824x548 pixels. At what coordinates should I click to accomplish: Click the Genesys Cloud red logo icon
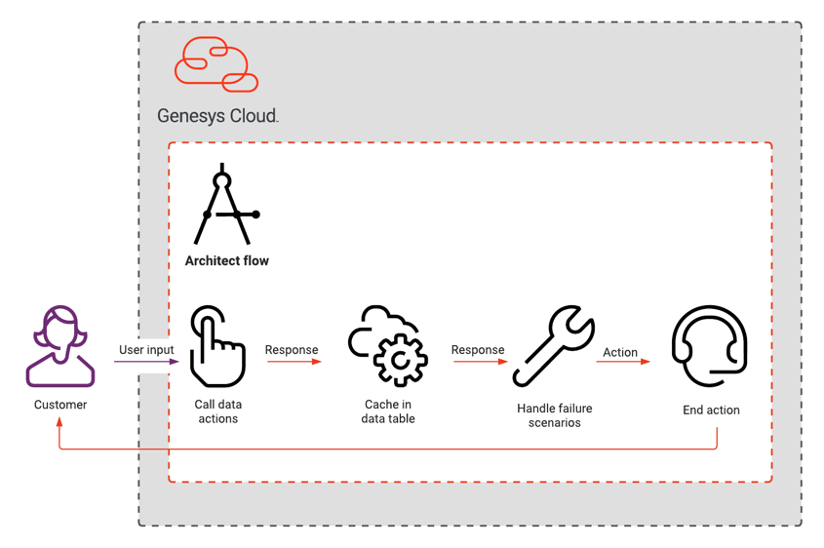tap(216, 64)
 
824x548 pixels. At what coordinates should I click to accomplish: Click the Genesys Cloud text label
tap(217, 116)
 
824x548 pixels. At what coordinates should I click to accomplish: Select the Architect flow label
tap(227, 260)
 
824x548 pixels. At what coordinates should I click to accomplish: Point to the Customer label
tap(60, 405)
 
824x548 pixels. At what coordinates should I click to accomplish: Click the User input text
tap(146, 349)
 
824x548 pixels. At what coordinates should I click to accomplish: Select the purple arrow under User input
tap(146, 362)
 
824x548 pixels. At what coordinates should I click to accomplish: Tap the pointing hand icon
tap(216, 347)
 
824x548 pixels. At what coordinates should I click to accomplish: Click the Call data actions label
tap(217, 411)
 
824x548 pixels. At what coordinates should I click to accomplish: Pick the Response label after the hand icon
tap(292, 349)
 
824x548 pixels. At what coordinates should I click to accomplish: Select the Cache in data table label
tap(389, 411)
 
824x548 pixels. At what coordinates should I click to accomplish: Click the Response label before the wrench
tap(478, 349)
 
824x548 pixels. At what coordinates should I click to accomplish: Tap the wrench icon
tap(554, 346)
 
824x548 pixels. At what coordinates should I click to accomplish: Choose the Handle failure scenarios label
tap(554, 415)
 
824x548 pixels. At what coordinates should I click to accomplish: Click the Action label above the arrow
tap(620, 352)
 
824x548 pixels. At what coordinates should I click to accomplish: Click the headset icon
tap(710, 346)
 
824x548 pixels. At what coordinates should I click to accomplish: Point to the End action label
tap(711, 411)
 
